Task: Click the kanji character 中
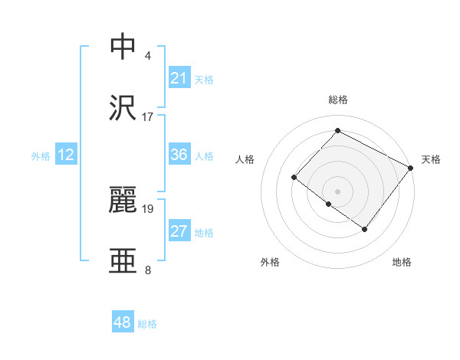click(123, 47)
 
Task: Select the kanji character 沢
click(123, 108)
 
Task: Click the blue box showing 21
click(179, 78)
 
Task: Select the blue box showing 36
click(179, 155)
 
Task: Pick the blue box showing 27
click(179, 231)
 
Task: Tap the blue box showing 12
click(66, 155)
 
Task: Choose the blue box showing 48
click(123, 322)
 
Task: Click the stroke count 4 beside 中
click(148, 56)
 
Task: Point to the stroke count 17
click(148, 117)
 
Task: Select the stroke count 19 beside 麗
click(148, 208)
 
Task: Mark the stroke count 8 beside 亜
click(148, 270)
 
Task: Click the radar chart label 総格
click(338, 100)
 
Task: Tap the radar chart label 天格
click(431, 159)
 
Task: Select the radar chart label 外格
click(270, 262)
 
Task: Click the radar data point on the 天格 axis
click(410, 167)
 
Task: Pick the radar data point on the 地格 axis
click(365, 229)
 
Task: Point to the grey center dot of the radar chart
click(337, 191)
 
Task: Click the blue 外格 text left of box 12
click(41, 155)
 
